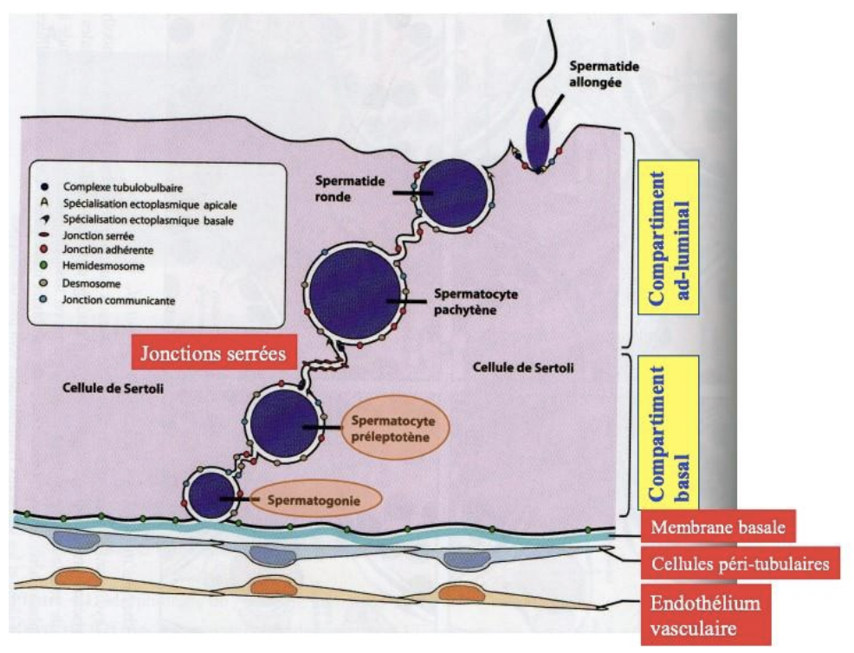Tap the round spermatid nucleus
tap(452, 192)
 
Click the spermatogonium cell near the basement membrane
tap(209, 496)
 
